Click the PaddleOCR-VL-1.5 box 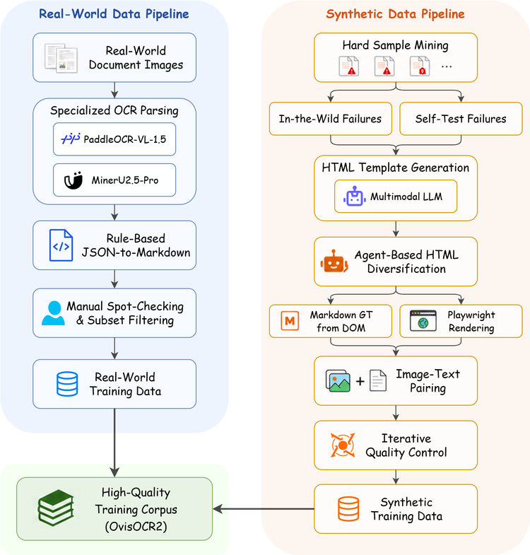click(114, 139)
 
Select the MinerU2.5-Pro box click(114, 180)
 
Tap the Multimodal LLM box click(396, 197)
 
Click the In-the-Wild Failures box click(331, 119)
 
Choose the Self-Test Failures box click(461, 119)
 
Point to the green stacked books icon click(56, 508)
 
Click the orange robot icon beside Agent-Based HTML click(334, 261)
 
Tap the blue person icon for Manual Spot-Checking click(53, 313)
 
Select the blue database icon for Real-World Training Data click(67, 384)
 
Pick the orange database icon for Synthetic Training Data click(348, 509)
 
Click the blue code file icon click(61, 245)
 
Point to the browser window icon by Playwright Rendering click(423, 321)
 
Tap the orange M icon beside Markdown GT click(290, 321)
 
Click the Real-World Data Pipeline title click(114, 14)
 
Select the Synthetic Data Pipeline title click(395, 14)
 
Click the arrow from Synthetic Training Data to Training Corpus click(264, 509)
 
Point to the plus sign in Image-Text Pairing click(360, 381)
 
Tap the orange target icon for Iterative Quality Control click(343, 445)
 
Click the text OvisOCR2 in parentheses click(136, 526)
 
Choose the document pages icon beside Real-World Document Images click(61, 58)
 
